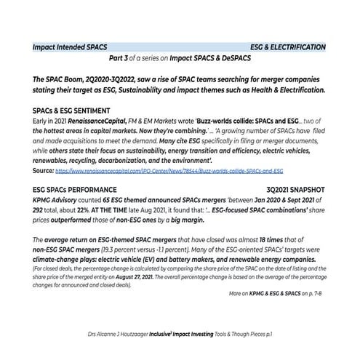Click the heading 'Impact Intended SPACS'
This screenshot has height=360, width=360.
coord(70,47)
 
